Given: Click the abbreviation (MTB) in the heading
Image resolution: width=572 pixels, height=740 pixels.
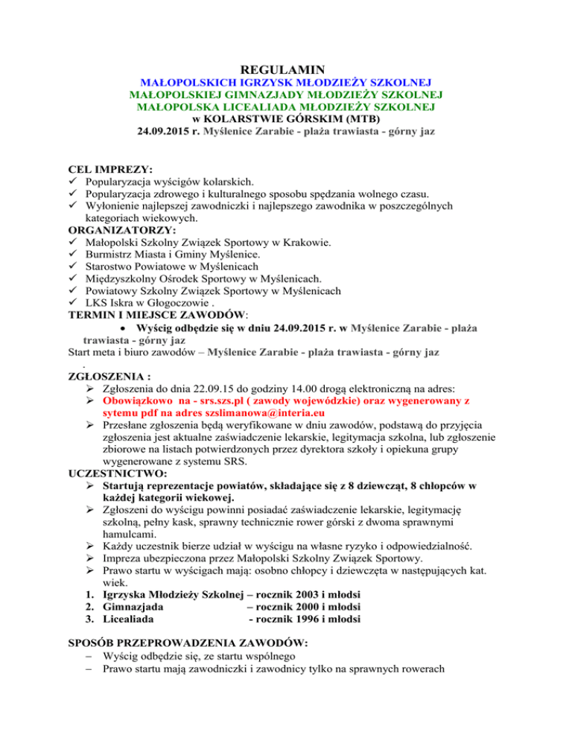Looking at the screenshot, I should coord(357,120).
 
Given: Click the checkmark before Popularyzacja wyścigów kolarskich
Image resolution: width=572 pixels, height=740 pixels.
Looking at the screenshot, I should coord(72,182).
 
